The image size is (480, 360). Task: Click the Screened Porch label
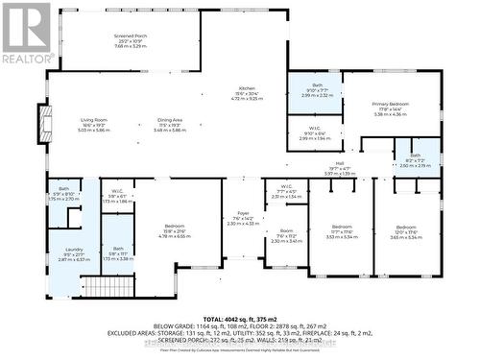pyautogui.click(x=129, y=36)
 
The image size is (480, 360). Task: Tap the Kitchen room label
pyautogui.click(x=247, y=87)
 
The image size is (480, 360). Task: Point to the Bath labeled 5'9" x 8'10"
pyautogui.click(x=63, y=188)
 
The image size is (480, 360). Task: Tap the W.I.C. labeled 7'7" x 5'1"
pyautogui.click(x=286, y=186)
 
